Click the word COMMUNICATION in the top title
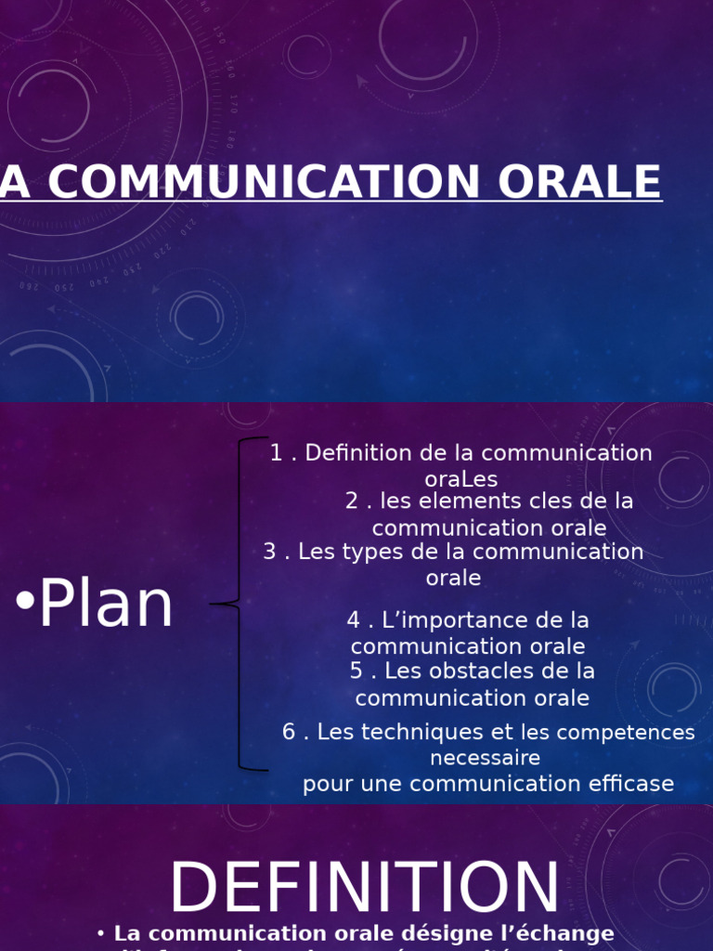(279, 182)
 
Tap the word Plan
(106, 606)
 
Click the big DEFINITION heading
(364, 888)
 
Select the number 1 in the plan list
(276, 453)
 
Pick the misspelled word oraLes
(461, 479)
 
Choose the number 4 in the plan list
(354, 620)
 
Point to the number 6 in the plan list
(289, 732)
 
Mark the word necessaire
(485, 758)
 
